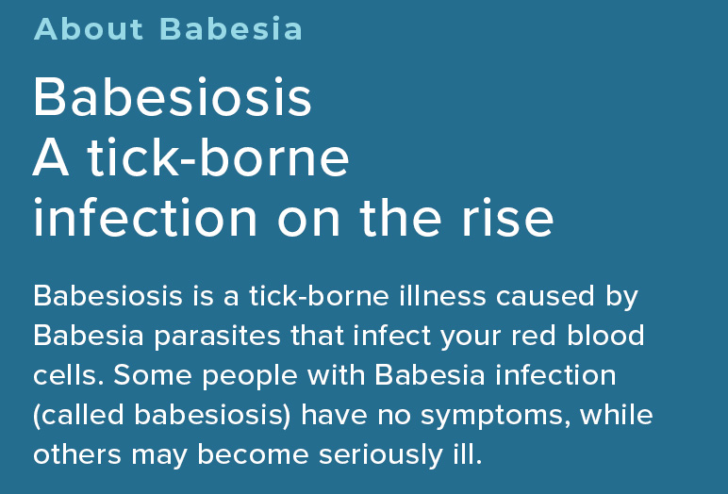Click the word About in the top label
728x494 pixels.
89,29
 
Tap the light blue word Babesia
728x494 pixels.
231,29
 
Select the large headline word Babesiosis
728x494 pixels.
173,97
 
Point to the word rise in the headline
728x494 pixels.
507,217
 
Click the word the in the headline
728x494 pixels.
400,217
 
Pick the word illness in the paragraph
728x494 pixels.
442,296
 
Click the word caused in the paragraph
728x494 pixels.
545,296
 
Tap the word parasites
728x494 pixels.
217,337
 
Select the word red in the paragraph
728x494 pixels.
533,336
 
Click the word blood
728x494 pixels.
605,336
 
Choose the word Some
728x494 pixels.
152,374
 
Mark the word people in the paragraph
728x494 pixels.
250,376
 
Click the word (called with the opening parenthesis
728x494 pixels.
78,415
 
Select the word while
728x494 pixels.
616,414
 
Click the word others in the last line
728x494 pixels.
77,453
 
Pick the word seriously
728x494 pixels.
381,455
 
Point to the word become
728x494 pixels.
253,453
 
